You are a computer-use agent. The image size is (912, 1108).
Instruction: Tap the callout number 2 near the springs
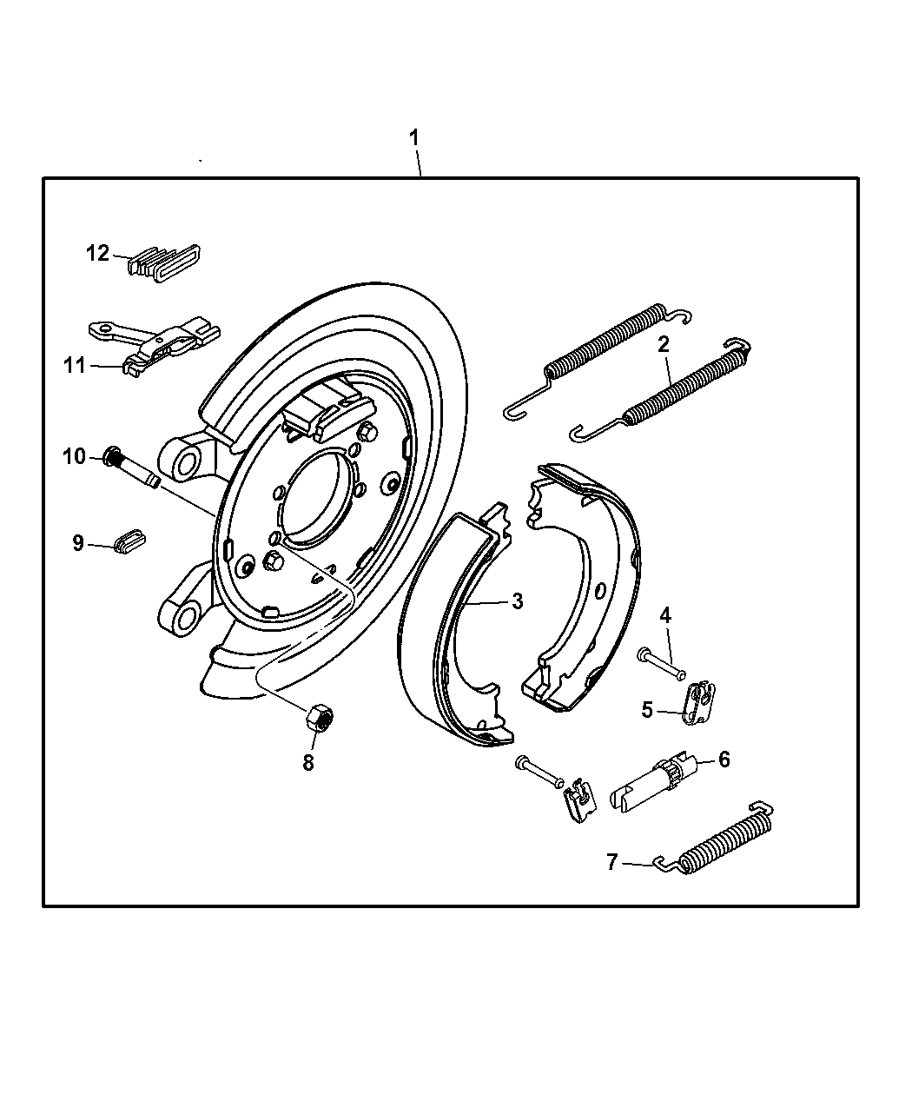pos(664,344)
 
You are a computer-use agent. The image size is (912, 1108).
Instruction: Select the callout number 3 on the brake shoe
pos(517,600)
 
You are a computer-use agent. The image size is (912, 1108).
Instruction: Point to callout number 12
pos(97,253)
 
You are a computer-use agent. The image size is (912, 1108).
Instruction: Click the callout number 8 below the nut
pos(308,762)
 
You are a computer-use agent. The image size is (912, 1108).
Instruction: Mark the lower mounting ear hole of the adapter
pos(185,618)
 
